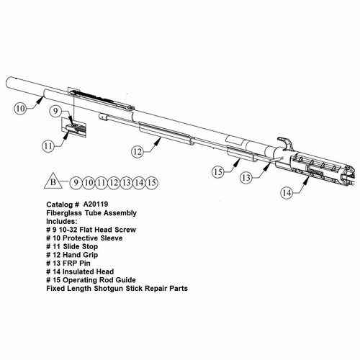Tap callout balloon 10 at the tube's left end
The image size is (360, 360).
[x=21, y=109]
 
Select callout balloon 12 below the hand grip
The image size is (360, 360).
[x=138, y=152]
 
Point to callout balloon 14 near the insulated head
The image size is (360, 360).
[x=286, y=193]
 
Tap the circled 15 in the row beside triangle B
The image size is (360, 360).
[x=152, y=182]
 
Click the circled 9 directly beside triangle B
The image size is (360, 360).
[x=74, y=182]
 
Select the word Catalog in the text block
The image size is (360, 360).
[x=59, y=204]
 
